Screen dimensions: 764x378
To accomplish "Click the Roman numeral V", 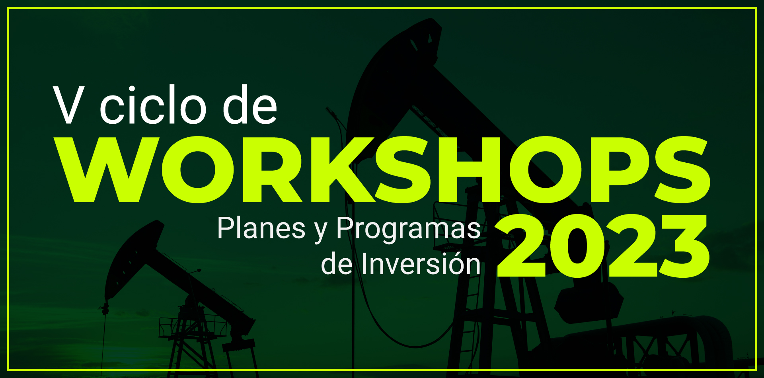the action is pos(69,105).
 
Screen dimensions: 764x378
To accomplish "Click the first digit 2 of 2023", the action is pos(521,246).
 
